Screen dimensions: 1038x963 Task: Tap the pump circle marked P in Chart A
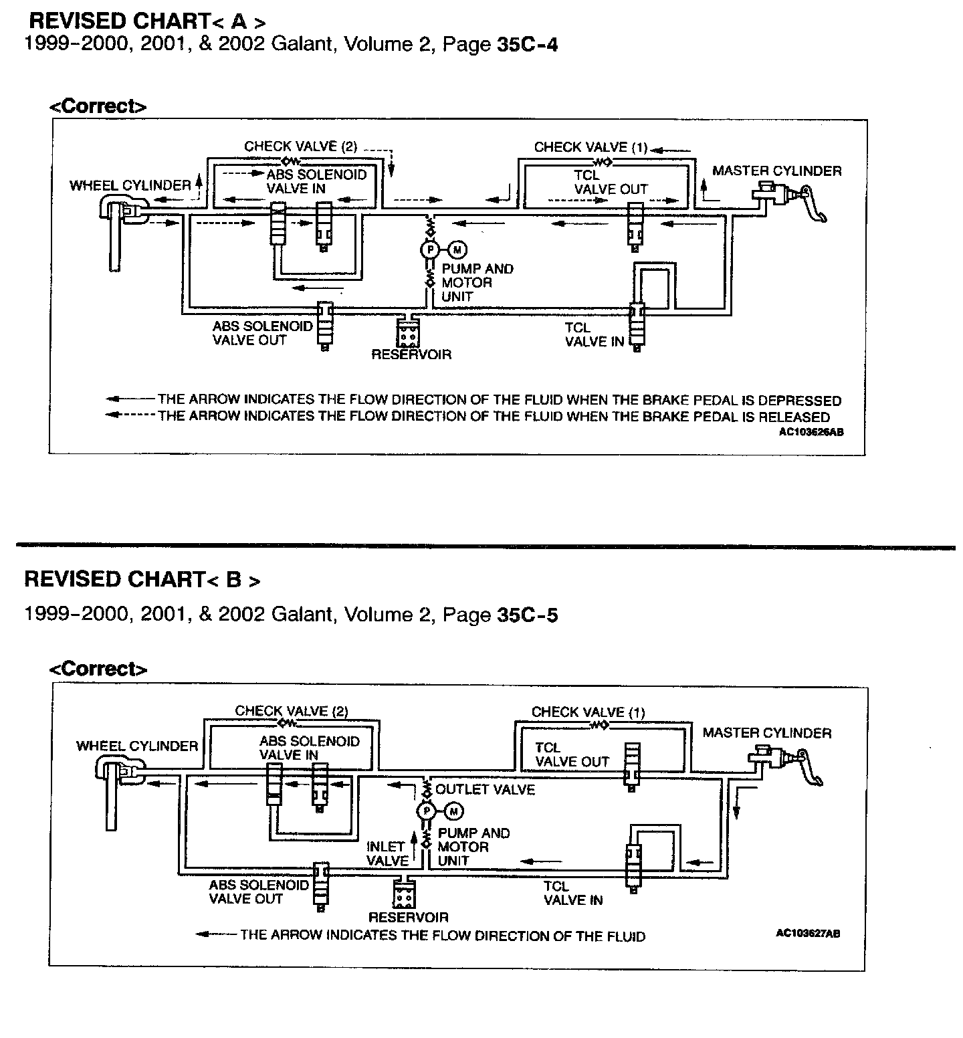[x=429, y=249]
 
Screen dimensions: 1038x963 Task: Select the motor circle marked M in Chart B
[x=453, y=811]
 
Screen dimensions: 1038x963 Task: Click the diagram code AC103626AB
[x=811, y=432]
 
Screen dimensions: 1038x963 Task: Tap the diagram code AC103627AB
[x=808, y=934]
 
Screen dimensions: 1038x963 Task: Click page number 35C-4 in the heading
[x=528, y=45]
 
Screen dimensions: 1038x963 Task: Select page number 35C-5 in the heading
[x=528, y=615]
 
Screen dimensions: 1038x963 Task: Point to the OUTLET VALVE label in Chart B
[x=485, y=790]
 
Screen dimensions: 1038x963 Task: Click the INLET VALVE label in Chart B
[x=387, y=853]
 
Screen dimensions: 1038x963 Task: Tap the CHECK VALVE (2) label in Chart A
[x=300, y=146]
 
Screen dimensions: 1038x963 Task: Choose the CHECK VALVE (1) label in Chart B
[x=588, y=712]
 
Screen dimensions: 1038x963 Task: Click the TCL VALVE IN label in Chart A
[x=594, y=334]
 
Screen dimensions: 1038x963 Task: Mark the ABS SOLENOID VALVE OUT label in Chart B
[x=258, y=892]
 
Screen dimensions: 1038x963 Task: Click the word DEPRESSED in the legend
[x=796, y=401]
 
